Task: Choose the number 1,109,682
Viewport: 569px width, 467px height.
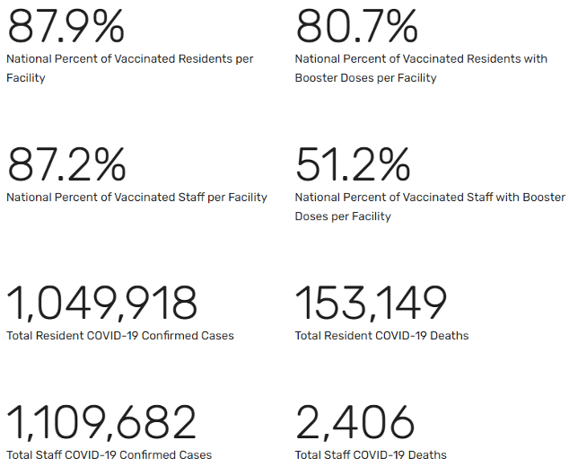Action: click(101, 422)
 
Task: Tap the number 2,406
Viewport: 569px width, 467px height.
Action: click(355, 422)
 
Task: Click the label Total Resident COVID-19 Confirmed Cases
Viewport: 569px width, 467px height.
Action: click(120, 336)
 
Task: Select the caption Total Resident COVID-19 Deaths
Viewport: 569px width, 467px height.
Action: click(381, 336)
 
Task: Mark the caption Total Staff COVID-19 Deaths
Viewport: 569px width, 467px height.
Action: click(371, 454)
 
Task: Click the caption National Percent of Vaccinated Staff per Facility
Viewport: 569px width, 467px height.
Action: click(136, 198)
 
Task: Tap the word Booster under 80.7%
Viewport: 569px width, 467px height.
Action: click(318, 78)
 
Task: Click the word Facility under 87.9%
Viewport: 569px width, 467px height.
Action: click(26, 78)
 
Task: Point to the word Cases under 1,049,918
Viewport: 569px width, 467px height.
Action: click(217, 336)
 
